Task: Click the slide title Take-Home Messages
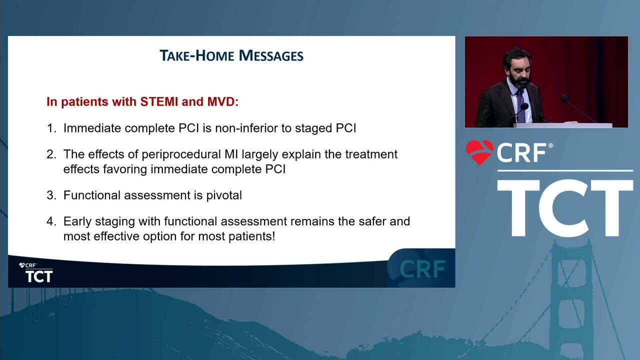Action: [231, 55]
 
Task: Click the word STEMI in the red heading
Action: [159, 101]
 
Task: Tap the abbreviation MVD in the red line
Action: [222, 101]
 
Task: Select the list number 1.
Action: [51, 128]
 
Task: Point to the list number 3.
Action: [51, 195]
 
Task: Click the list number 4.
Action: [51, 221]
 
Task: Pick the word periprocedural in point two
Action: [181, 154]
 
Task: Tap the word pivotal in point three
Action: [224, 195]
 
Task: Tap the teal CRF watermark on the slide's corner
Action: [422, 269]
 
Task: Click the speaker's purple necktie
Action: [521, 105]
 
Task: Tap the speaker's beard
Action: [519, 82]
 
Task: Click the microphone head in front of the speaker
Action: [524, 107]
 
